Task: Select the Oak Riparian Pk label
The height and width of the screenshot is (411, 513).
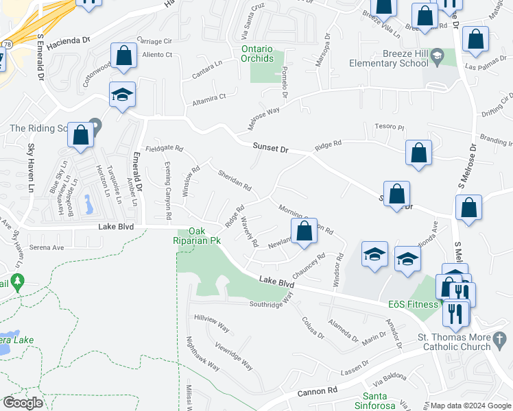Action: point(195,236)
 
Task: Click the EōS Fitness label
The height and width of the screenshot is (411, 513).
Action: point(412,304)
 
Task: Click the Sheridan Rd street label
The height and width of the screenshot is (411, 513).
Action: point(235,180)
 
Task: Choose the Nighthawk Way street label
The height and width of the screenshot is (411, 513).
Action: point(204,353)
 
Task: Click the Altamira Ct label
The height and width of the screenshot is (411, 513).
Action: point(208,97)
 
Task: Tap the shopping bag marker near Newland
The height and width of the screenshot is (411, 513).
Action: point(305,231)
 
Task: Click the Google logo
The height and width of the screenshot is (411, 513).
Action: point(22,403)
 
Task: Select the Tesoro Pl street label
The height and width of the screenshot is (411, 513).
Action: point(390,127)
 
